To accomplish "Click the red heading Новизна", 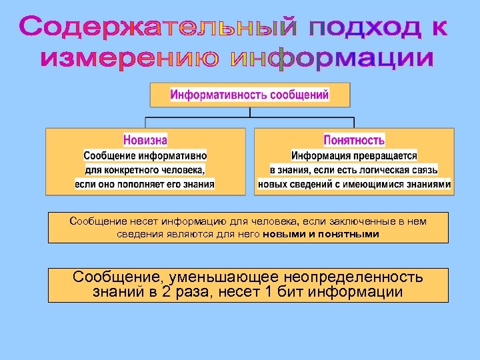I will [x=145, y=140].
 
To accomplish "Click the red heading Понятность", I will [x=354, y=140].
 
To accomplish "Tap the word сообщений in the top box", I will [x=298, y=95].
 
